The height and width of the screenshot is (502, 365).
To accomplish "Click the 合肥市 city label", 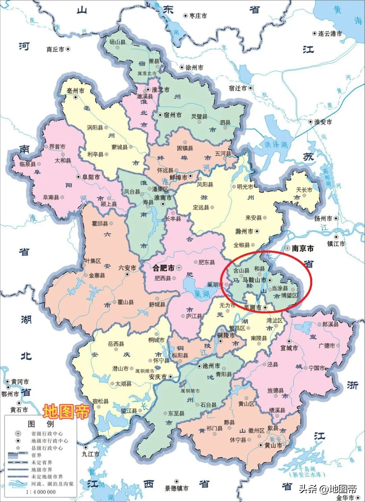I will (x=164, y=268).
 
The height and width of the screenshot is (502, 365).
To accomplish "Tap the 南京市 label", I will (x=302, y=248).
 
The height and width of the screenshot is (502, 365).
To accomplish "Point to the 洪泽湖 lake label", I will (x=276, y=145).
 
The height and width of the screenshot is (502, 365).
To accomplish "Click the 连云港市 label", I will (x=330, y=33).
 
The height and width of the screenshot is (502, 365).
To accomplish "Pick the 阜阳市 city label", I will (x=91, y=177).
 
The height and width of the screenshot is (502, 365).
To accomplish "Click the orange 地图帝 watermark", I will (x=66, y=411).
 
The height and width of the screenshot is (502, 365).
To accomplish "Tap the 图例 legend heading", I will (x=41, y=424).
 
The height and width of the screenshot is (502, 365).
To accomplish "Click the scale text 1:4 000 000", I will (x=41, y=492).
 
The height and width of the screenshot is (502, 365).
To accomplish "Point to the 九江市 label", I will (x=91, y=454).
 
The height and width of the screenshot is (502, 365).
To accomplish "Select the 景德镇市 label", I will (x=176, y=488).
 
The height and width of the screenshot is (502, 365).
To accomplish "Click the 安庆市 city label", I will (x=157, y=377).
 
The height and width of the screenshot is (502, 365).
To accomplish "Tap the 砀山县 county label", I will (x=117, y=42).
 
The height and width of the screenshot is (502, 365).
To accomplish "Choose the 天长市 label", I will (x=304, y=190).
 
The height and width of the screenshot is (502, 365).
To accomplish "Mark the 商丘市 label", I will (x=55, y=49).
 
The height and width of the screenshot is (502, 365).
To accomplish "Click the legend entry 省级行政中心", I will (x=47, y=433).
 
